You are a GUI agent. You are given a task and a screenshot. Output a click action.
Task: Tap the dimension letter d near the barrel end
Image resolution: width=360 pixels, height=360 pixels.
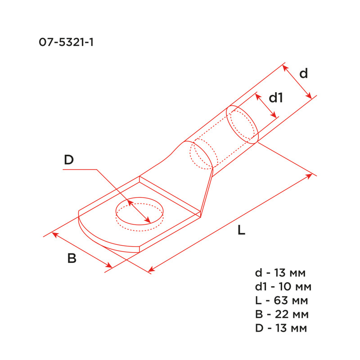(x=304, y=73)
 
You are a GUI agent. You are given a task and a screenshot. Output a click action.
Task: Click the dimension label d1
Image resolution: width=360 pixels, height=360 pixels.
(x=276, y=98)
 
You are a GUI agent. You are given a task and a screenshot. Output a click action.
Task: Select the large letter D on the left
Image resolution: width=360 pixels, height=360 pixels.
(x=68, y=160)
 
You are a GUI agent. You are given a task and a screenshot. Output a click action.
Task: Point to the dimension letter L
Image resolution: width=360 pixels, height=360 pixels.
(x=241, y=231)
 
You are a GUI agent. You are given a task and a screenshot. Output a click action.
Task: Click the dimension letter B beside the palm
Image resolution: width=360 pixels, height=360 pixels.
(x=72, y=258)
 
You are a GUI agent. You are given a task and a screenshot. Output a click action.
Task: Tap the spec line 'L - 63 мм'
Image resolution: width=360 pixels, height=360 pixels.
(x=281, y=301)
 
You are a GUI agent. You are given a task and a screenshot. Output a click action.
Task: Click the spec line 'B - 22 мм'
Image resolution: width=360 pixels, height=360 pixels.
(x=281, y=314)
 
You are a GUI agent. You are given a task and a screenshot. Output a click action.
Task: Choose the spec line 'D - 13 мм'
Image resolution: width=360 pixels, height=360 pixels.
(x=281, y=328)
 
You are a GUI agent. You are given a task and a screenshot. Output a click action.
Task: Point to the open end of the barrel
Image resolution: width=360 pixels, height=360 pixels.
(x=242, y=124)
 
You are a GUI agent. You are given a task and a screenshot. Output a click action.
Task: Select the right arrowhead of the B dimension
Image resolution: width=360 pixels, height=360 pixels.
(x=109, y=266)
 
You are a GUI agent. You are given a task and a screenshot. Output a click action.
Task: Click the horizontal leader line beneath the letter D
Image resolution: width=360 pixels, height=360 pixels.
(x=79, y=170)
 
